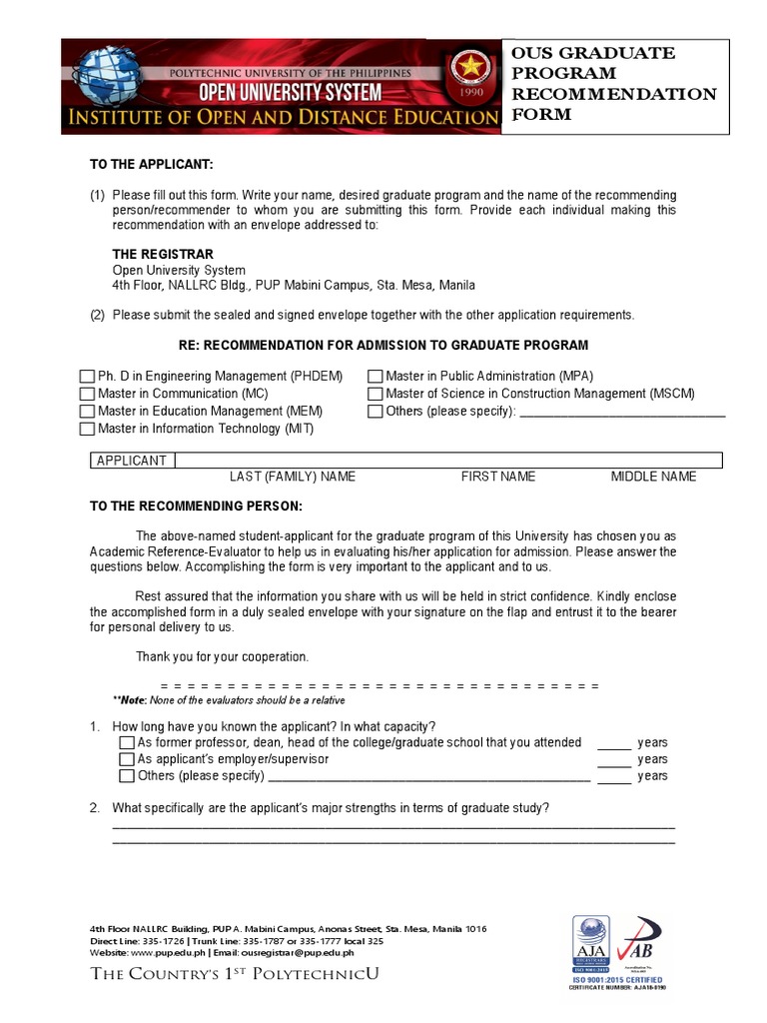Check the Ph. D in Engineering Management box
pos(87,377)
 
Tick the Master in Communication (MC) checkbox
pos(87,394)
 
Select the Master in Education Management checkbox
pos(87,412)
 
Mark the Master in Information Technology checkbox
pos(87,430)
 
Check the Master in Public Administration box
pos(376,377)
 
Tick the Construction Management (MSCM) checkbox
pos(376,394)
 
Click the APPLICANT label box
pos(131,461)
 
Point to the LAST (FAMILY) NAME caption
pos(293,477)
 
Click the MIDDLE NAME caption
pos(653,477)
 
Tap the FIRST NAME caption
pos(497,477)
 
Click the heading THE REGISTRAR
pos(163,254)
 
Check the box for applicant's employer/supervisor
pos(126,759)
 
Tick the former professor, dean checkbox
pos(126,742)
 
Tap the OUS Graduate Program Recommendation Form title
pos(613,84)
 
